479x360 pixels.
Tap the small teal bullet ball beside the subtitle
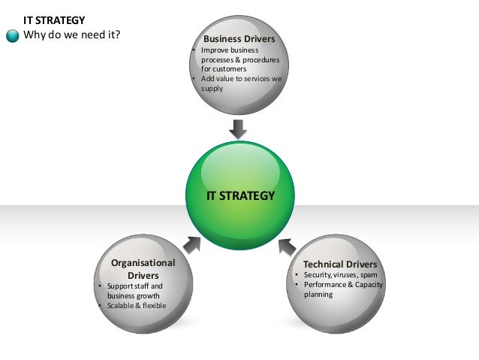pos(13,36)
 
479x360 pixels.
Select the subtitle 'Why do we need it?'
pos(72,35)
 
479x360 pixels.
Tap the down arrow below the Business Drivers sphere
pos(238,129)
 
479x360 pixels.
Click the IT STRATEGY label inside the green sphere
pos(240,196)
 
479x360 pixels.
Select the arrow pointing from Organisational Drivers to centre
pos(191,244)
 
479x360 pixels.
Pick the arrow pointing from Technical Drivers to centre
pos(287,244)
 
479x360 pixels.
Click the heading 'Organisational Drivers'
pos(143,269)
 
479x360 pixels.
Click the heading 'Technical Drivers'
pos(339,265)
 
